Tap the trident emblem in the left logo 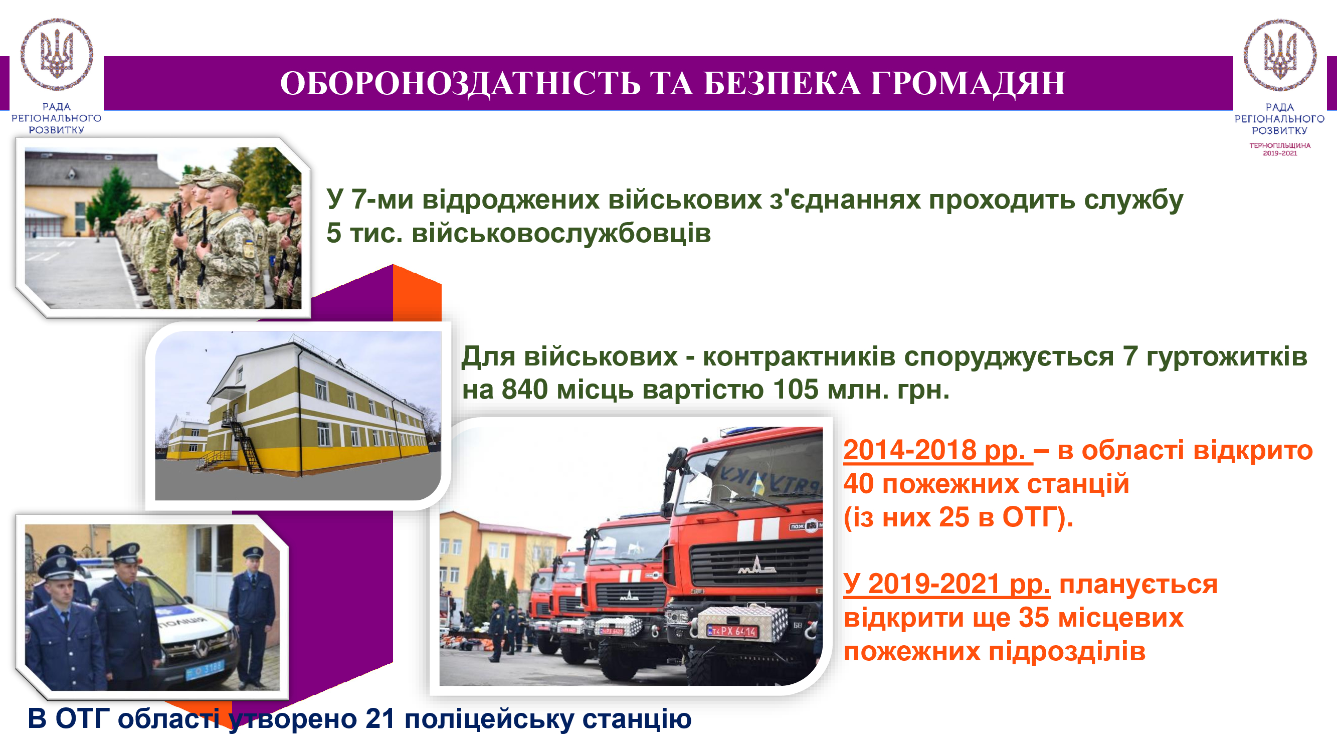coord(57,54)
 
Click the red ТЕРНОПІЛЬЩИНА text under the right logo coord(1279,145)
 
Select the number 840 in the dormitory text coord(524,389)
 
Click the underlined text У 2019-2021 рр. coord(946,585)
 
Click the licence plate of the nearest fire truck coord(732,631)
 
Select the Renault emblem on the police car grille coord(200,647)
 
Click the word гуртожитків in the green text coord(1226,356)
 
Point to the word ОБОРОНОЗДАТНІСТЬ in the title coord(460,84)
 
